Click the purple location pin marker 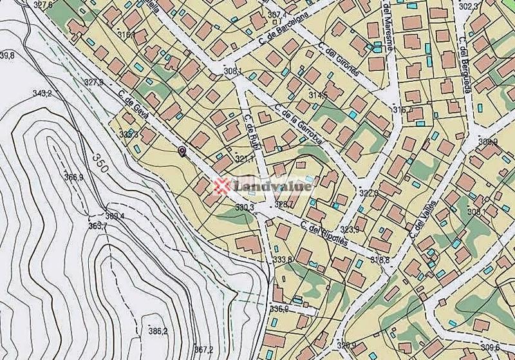182,151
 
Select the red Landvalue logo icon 223,187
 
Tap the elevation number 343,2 42,93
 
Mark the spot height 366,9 73,177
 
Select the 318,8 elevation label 380,260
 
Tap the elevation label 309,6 490,348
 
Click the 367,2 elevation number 203,350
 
